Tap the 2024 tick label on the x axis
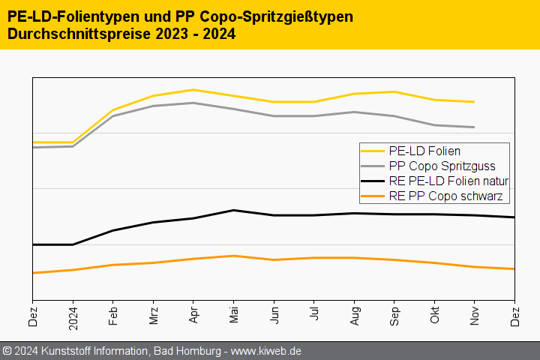73,319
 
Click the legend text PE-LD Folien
424,151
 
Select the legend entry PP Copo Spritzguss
442,166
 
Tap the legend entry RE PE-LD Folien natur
448,181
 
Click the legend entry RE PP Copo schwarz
445,196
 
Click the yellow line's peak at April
193,90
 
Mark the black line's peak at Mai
233,210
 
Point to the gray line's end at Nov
474,127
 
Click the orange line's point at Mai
233,256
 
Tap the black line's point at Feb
113,230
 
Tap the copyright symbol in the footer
7,351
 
